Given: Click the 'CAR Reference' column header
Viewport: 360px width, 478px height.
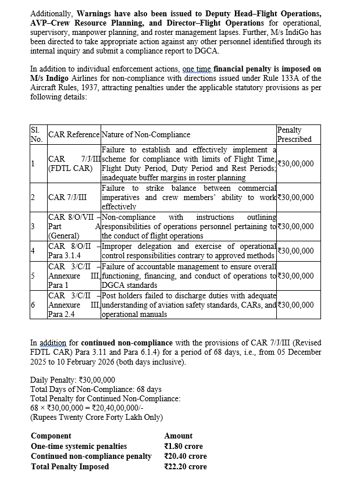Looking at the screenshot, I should (x=74, y=135).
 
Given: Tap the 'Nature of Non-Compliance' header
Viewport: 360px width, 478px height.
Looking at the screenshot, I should (x=146, y=135).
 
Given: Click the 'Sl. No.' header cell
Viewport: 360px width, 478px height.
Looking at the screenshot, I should (x=37, y=134).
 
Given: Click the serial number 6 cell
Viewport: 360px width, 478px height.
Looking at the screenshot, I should (x=33, y=305).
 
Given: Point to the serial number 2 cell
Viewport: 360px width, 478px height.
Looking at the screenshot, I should (x=33, y=197).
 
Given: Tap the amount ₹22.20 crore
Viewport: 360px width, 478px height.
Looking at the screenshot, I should (x=184, y=466).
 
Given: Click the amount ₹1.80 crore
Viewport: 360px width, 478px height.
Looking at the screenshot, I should (x=184, y=446).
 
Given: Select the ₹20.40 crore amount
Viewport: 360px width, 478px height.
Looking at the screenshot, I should (x=186, y=456).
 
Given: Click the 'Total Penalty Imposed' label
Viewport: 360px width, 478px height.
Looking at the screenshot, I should (x=70, y=466).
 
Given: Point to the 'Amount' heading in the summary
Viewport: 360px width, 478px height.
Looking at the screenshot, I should (x=179, y=436).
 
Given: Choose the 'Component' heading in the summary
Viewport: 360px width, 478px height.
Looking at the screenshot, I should (x=51, y=436).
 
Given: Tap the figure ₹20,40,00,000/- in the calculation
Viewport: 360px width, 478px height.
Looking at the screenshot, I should (x=116, y=408).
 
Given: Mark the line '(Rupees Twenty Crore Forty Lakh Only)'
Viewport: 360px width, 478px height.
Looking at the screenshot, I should (x=97, y=417).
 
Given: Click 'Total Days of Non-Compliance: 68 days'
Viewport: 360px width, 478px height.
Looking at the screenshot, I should (x=96, y=389).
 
